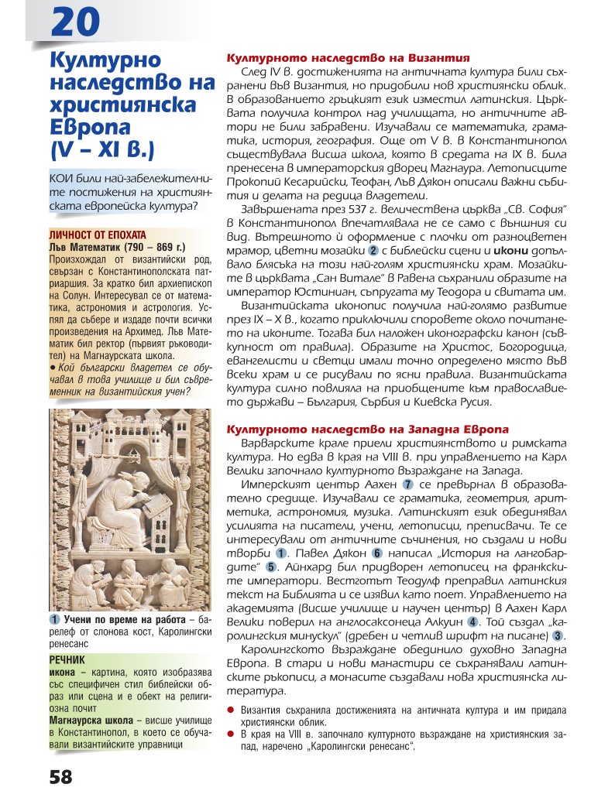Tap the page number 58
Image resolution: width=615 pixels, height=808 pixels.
[x=60, y=777]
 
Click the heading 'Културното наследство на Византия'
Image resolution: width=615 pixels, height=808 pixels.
[x=348, y=58]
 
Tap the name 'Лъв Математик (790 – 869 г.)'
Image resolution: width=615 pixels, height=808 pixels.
[x=116, y=246]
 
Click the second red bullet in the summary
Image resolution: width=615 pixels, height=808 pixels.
[x=230, y=733]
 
